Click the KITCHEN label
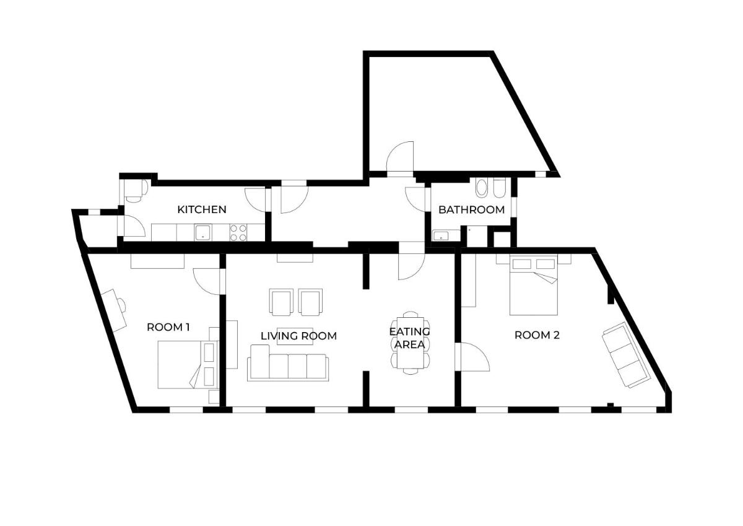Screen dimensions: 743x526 pos(202,210)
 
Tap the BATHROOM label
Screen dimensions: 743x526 pos(471,210)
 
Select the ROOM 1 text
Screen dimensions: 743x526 pos(168,327)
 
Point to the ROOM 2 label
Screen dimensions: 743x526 pos(537,335)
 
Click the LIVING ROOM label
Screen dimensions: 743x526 pos(298,336)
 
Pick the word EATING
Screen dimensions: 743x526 pos(410,331)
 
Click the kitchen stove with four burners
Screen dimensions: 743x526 pos(238,232)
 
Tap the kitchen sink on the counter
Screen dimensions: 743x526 pos(203,232)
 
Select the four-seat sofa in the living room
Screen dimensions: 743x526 pos(288,362)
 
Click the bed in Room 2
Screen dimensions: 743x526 pos(534,285)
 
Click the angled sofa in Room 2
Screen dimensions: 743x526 pos(625,354)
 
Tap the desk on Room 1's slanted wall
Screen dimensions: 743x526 pos(114,310)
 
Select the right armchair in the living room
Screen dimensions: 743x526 pos(310,302)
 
